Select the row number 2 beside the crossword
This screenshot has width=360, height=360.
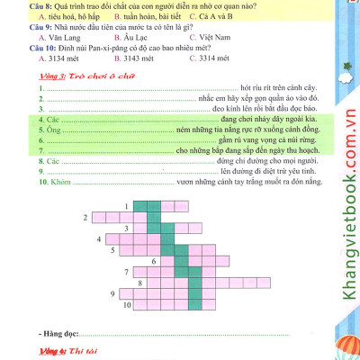[85, 218]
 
